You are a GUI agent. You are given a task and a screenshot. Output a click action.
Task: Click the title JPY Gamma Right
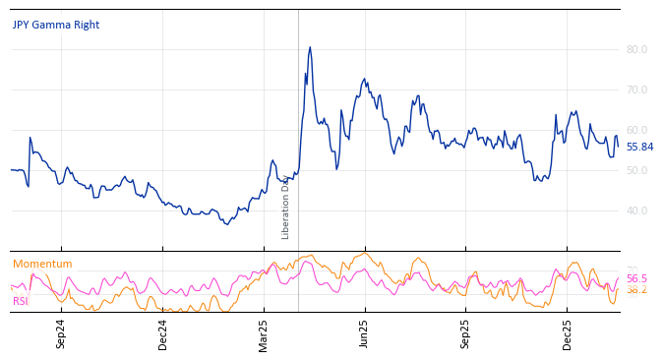tap(56, 26)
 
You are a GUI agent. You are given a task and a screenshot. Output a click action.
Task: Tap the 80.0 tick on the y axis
tap(636, 49)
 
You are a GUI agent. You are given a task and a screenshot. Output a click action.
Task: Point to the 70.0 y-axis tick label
tap(636, 90)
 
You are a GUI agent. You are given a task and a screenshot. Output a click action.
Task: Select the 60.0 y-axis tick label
tap(636, 130)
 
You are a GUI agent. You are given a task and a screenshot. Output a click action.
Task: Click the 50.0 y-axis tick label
tap(636, 170)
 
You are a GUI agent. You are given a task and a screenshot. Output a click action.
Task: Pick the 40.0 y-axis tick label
tap(636, 210)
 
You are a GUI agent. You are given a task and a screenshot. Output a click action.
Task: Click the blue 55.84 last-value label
tap(639, 147)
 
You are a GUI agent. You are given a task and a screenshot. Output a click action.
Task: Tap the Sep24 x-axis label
tap(61, 333)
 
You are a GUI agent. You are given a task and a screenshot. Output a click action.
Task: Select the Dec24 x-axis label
tap(163, 333)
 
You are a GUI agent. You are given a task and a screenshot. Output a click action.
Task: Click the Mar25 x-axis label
tap(264, 333)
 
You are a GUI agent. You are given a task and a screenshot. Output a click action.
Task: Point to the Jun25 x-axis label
tap(365, 333)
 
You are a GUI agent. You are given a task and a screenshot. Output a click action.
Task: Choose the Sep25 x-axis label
tap(465, 333)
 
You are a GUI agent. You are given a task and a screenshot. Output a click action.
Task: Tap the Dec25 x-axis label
tap(567, 333)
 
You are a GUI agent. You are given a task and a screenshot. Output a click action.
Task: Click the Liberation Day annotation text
tap(286, 207)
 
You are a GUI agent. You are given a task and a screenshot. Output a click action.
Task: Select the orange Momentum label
tap(42, 264)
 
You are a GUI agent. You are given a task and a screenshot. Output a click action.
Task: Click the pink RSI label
tap(21, 301)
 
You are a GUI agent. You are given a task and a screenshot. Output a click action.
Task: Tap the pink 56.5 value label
tap(636, 278)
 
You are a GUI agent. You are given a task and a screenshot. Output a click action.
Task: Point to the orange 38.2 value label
tap(636, 290)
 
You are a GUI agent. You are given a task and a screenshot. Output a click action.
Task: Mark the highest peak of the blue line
tap(310, 47)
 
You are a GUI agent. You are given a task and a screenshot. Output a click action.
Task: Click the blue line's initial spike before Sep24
tap(30, 138)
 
